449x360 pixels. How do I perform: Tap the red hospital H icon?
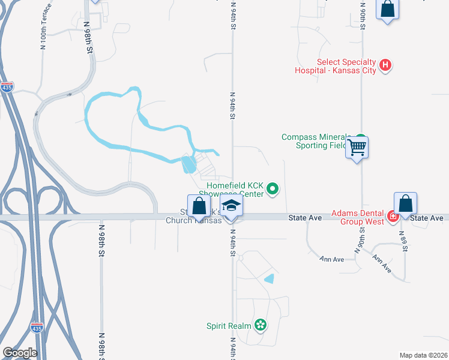(x=386, y=64)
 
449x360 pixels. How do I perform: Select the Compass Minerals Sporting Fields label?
(x=314, y=141)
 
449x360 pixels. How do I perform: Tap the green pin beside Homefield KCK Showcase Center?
(x=273, y=190)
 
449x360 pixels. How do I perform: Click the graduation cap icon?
(x=231, y=206)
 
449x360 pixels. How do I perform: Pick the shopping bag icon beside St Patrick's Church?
(x=199, y=205)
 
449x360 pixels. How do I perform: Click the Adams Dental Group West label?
(x=358, y=217)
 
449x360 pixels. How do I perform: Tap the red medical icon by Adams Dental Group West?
(x=393, y=217)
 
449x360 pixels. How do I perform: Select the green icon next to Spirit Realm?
(x=260, y=325)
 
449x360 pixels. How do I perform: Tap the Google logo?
(x=20, y=352)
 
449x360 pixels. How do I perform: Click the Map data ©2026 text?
(x=423, y=355)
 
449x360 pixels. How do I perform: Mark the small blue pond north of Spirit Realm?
(x=270, y=278)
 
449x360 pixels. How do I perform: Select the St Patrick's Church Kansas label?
(x=193, y=216)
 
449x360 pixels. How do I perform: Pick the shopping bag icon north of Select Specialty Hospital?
(x=388, y=10)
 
